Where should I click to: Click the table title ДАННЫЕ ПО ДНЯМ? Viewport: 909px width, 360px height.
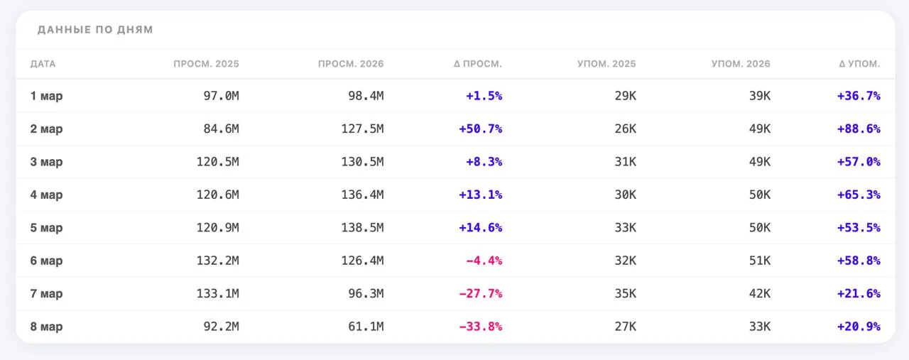coord(95,30)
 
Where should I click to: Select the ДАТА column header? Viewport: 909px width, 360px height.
coord(43,64)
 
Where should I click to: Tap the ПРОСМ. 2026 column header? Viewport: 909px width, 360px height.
coord(351,64)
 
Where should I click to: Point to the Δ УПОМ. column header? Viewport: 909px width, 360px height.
coord(859,64)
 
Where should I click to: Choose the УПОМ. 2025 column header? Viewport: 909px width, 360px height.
coord(606,64)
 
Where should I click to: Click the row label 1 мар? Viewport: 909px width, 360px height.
coord(46,96)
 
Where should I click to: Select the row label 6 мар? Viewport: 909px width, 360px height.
coord(46,261)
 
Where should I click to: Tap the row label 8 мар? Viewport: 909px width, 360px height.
coord(46,327)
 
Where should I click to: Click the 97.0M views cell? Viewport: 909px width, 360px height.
coord(221,96)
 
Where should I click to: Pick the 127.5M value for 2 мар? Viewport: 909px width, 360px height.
coord(362,129)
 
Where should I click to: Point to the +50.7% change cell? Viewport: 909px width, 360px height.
coord(481,129)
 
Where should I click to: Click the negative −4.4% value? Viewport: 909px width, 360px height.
coord(484,261)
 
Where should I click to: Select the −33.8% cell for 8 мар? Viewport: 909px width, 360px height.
coord(481,327)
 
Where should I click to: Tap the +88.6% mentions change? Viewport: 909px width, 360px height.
coord(859,129)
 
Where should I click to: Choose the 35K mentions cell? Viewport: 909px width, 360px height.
coord(626,293)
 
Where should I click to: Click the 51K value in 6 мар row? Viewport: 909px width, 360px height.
coord(760,261)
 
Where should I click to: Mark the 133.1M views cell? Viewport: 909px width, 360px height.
coord(218,293)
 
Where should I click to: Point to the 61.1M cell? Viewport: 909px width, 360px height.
coord(366,327)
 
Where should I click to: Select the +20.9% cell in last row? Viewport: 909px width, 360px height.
coord(859,327)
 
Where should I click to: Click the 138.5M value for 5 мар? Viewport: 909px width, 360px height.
coord(362,228)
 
